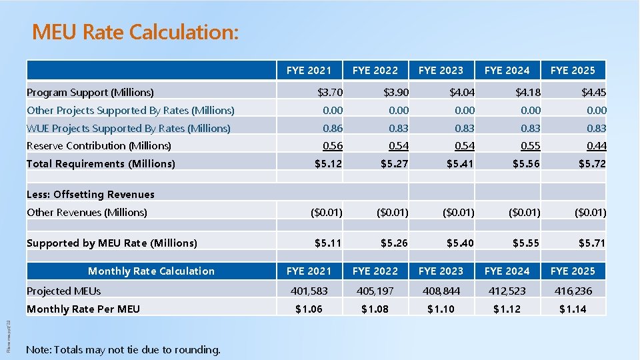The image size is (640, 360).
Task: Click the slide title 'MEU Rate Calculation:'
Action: pyautogui.click(x=135, y=32)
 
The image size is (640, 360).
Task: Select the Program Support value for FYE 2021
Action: pyautogui.click(x=329, y=92)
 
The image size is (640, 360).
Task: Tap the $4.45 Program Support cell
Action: pyautogui.click(x=593, y=92)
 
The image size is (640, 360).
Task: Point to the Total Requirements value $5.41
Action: pyautogui.click(x=460, y=163)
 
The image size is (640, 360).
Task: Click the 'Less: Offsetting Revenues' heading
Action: pyautogui.click(x=91, y=195)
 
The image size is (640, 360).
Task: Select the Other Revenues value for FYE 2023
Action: pyautogui.click(x=457, y=213)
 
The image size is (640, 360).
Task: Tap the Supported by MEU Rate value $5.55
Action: pyautogui.click(x=526, y=243)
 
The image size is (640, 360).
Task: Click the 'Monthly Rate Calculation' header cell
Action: pyautogui.click(x=151, y=271)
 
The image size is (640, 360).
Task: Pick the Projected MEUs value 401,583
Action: pyautogui.click(x=309, y=291)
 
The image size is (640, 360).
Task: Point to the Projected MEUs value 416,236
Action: pyautogui.click(x=573, y=291)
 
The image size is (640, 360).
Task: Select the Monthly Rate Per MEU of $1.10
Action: pyautogui.click(x=441, y=309)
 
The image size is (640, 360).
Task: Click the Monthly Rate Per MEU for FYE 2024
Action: pyautogui.click(x=507, y=309)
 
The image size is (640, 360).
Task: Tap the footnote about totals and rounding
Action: pyautogui.click(x=123, y=349)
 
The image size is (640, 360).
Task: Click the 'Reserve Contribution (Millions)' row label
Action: pyautogui.click(x=99, y=145)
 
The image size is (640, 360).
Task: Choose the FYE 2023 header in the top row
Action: pyautogui.click(x=441, y=70)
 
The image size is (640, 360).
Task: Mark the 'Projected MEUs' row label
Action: pyautogui.click(x=64, y=291)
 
